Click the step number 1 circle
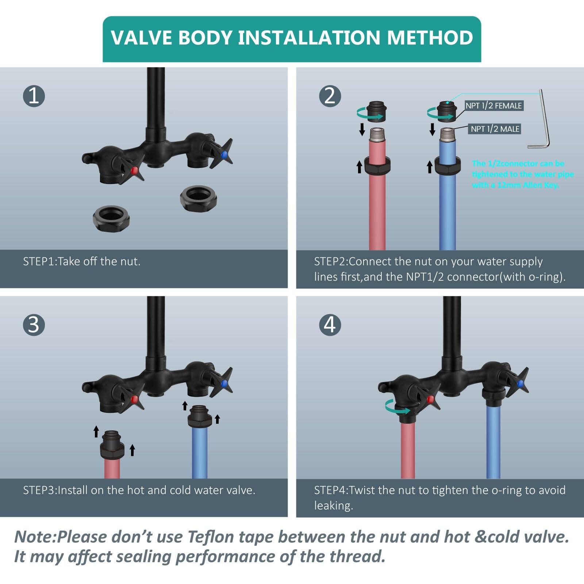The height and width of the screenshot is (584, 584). [34, 96]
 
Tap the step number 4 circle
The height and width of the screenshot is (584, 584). [330, 324]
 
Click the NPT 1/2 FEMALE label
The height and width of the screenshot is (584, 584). [494, 106]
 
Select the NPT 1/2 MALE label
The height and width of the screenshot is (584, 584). [495, 129]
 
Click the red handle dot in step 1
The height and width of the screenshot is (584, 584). [135, 170]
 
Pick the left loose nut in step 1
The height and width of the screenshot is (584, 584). [111, 218]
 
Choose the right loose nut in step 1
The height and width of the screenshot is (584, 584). [199, 197]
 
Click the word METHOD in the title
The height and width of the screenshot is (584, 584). [430, 38]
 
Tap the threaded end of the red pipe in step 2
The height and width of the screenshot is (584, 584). [377, 135]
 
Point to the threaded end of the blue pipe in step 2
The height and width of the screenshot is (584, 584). [447, 135]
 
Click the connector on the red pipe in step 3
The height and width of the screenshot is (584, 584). [112, 445]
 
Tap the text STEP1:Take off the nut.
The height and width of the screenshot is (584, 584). [82, 261]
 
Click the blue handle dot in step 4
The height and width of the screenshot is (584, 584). [520, 383]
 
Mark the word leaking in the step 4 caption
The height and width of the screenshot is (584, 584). [334, 506]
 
